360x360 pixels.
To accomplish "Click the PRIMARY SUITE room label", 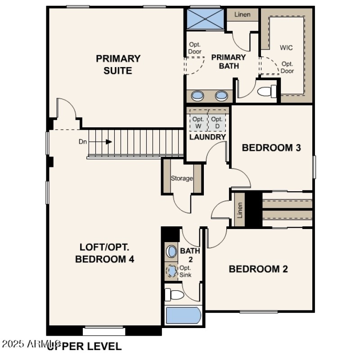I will point(118,64).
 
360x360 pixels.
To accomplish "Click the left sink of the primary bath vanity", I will point(198,95).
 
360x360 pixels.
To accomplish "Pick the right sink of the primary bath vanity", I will point(221,95).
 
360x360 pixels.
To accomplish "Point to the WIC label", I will point(287,47).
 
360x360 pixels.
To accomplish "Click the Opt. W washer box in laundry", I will point(198,122).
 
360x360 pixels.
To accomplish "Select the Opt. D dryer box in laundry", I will point(217,122).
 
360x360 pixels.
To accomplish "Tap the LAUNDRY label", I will point(207,137).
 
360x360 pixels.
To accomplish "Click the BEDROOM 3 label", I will point(271,148).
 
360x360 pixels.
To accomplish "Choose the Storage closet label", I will point(182,178).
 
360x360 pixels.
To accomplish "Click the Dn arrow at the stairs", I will point(108,142).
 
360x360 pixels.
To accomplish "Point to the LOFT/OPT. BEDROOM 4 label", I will point(104,253).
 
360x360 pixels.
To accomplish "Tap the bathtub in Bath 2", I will point(183,315).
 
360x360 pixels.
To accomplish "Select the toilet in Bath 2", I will point(174,295).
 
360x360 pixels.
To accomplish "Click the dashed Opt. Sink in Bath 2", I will point(171,271).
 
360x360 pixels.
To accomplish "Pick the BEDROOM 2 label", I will point(258,269).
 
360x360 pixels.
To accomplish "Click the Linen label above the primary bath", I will point(243,14).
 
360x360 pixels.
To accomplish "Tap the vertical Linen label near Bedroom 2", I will point(240,209).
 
